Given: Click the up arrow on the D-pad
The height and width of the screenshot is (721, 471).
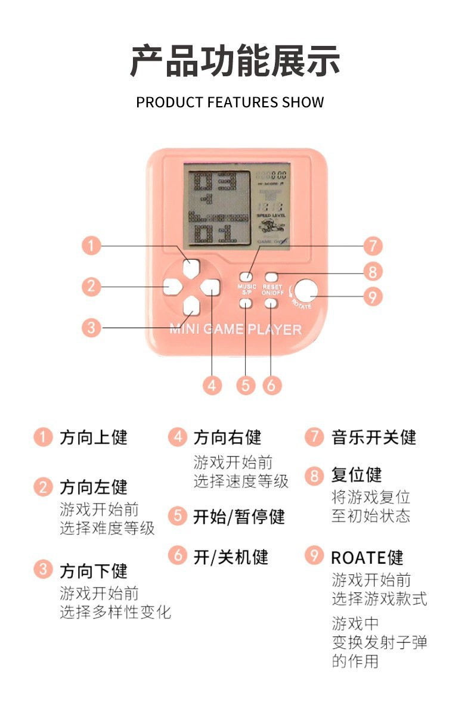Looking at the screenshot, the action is click(191, 268).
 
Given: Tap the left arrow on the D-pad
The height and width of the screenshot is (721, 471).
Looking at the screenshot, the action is click(171, 287).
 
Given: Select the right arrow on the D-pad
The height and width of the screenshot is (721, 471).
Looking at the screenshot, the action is click(209, 287).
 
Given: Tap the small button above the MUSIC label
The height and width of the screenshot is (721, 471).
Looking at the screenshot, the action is click(246, 276).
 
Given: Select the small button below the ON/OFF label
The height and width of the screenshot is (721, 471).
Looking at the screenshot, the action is click(271, 303).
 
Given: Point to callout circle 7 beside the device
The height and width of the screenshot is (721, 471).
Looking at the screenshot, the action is click(372, 245).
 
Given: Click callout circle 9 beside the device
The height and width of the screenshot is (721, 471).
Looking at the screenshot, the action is click(372, 296).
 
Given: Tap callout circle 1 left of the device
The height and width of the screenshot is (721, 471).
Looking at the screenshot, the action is click(91, 245).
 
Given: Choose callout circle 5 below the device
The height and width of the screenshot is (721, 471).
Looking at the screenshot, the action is click(246, 385).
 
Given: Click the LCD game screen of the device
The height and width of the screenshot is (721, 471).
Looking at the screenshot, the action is click(237, 209).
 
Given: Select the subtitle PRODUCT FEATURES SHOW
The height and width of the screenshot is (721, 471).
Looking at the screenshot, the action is click(230, 102).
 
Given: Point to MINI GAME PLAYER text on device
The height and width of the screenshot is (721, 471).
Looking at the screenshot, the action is click(235, 329).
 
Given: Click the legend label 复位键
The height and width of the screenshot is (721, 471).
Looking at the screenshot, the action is click(356, 476).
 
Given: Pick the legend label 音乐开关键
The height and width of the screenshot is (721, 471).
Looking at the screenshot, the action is click(373, 437).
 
